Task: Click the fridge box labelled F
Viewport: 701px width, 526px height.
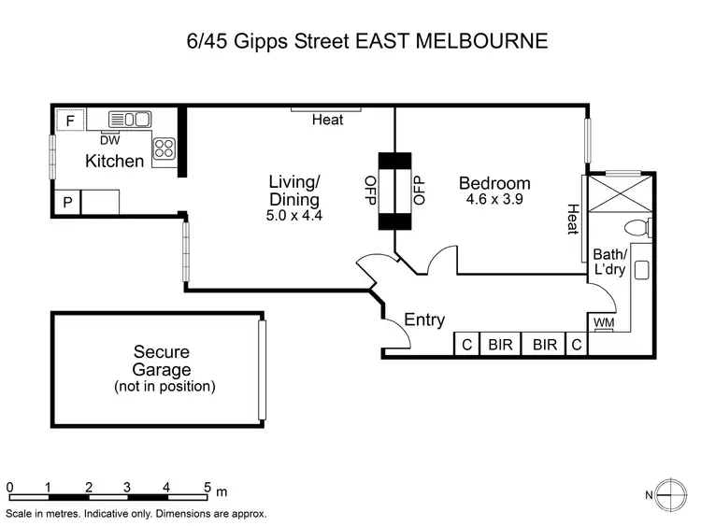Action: pos(68,120)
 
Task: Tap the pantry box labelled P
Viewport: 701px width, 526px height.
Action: pos(67,203)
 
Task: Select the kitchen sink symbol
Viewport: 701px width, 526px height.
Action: pos(129,119)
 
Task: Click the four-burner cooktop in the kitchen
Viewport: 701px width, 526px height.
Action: pos(165,148)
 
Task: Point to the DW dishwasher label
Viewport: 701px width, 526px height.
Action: pos(109,139)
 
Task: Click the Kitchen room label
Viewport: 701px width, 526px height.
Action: pos(115,161)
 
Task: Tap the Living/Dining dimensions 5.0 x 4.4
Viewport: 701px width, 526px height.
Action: pos(293,216)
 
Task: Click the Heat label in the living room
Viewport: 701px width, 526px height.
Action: pos(327,120)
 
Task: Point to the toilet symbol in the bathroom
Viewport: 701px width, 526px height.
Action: pos(638,227)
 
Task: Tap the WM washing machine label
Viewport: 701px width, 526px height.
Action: pos(604,322)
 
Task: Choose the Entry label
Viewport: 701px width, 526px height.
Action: pos(424,320)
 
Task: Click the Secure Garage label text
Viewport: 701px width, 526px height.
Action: pos(162,361)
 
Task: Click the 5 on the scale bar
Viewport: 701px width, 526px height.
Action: pos(207,486)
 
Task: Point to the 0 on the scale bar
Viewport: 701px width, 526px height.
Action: pos(9,486)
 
